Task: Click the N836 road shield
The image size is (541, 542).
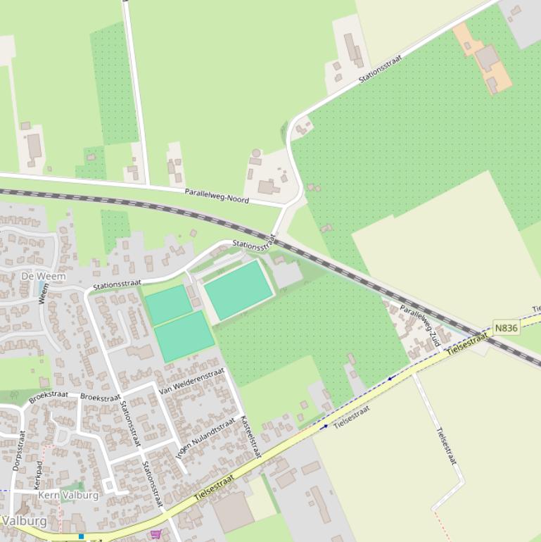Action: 507,328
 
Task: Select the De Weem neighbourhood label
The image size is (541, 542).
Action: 44,276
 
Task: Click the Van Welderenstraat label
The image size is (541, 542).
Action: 191,381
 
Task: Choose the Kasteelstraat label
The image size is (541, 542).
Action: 250,436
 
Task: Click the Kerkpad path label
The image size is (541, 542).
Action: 38,475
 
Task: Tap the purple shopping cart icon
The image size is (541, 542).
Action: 155,534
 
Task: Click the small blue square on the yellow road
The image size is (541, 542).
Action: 82,537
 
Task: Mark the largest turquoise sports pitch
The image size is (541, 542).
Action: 238,290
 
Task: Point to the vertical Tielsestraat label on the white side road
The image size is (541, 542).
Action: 446,446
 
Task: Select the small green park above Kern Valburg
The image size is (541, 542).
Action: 72,486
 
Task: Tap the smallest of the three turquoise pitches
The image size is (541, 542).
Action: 169,305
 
